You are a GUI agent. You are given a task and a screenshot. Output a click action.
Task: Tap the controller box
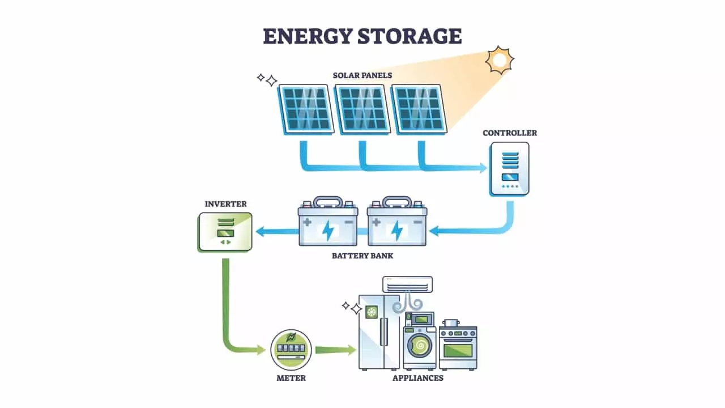pyautogui.click(x=510, y=168)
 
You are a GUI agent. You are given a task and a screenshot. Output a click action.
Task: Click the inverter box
pyautogui.click(x=225, y=232)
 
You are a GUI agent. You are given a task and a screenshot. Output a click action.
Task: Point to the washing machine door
pyautogui.click(x=420, y=344)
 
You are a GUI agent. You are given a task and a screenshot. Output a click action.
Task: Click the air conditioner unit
pyautogui.click(x=407, y=284)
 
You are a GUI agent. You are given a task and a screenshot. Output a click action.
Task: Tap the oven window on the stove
pyautogui.click(x=458, y=350)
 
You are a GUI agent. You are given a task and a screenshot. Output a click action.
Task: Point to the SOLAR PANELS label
pyautogui.click(x=362, y=75)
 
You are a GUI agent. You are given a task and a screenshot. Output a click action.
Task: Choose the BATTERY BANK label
pyautogui.click(x=362, y=256)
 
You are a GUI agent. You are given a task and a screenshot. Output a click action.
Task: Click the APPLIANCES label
pyautogui.click(x=418, y=378)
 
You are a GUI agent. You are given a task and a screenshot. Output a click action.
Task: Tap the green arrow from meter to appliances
pyautogui.click(x=335, y=350)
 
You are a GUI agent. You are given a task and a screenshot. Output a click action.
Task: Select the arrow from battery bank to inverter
pyautogui.click(x=276, y=231)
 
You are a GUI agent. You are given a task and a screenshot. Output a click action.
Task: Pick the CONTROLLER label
pyautogui.click(x=510, y=133)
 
